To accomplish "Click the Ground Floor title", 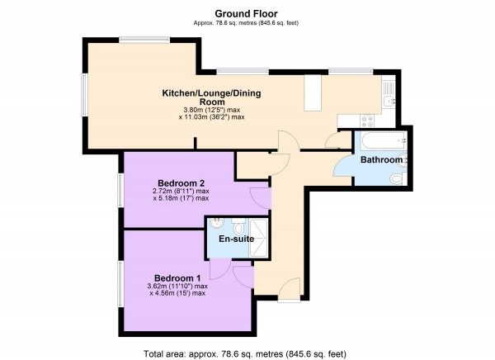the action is [x=246, y=13].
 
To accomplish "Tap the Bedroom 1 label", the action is [x=177, y=278].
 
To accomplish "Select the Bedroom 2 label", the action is [x=181, y=183].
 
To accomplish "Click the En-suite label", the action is [x=237, y=239].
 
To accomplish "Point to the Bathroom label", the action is [x=381, y=159].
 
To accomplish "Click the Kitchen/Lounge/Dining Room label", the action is [x=212, y=97].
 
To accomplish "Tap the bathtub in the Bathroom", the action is [x=384, y=140].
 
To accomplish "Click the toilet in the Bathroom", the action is [x=398, y=178].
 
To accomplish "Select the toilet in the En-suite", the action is [x=238, y=225].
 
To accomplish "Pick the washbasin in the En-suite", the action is [x=216, y=223].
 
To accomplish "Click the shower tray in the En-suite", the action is [x=258, y=237].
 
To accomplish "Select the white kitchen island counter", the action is [x=313, y=93].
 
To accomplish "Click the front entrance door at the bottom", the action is [x=290, y=290].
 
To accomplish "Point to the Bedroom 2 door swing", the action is [x=261, y=198].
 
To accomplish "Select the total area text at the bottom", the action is [x=245, y=353].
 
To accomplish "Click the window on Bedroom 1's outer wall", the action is [x=120, y=283].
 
